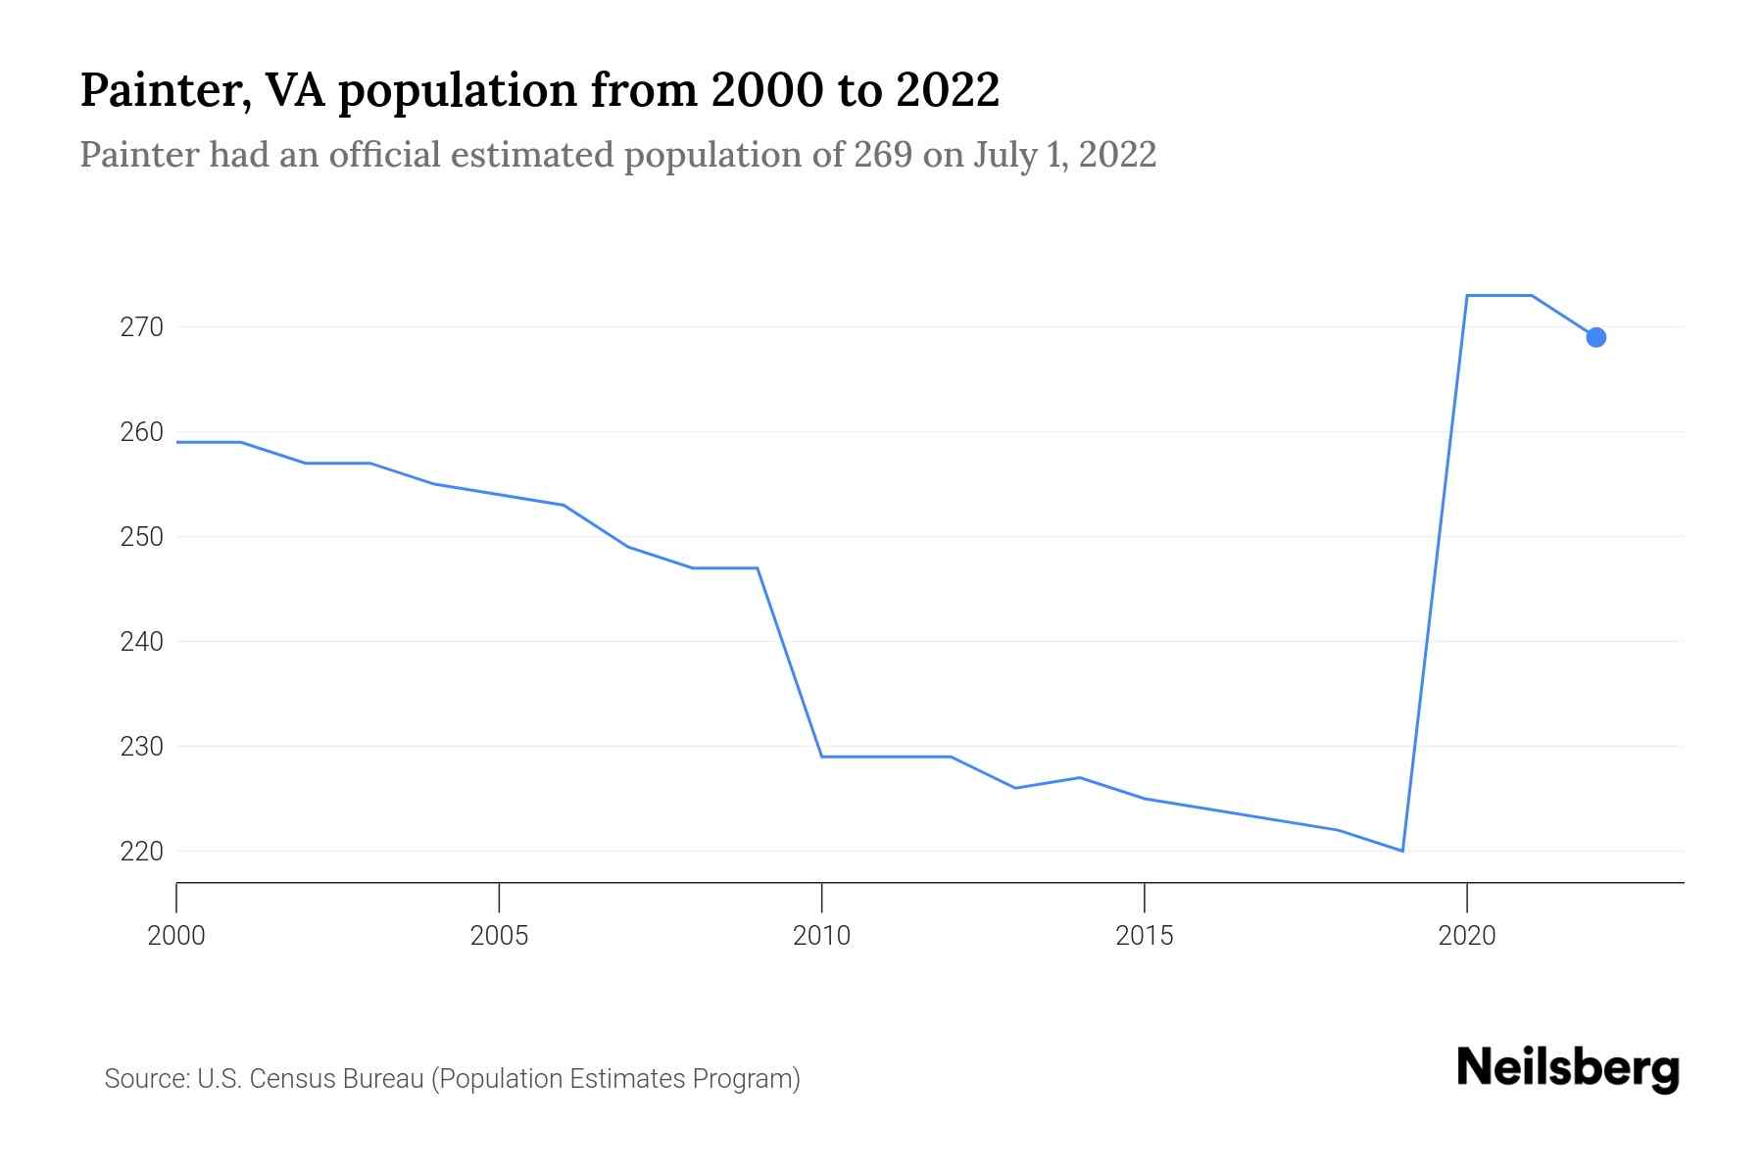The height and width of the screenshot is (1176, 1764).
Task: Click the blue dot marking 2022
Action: pyautogui.click(x=1595, y=337)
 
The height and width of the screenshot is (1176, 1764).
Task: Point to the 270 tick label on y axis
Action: pyautogui.click(x=141, y=327)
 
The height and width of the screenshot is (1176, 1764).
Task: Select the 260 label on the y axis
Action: pyautogui.click(x=141, y=432)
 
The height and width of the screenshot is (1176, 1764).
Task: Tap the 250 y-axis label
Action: pyautogui.click(x=141, y=537)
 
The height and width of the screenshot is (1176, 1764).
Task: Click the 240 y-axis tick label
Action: pyautogui.click(x=141, y=642)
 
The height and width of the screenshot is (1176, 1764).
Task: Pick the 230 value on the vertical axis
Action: pyautogui.click(x=141, y=747)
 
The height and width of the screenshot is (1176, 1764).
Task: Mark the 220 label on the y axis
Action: pyautogui.click(x=141, y=852)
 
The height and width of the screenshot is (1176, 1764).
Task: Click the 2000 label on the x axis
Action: pyautogui.click(x=176, y=936)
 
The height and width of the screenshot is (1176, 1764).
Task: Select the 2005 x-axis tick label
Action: pyautogui.click(x=499, y=936)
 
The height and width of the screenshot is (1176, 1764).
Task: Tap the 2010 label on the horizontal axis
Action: pyautogui.click(x=821, y=936)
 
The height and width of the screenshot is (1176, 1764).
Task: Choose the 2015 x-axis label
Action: pyautogui.click(x=1144, y=936)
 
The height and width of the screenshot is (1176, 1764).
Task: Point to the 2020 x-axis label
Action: pyautogui.click(x=1466, y=936)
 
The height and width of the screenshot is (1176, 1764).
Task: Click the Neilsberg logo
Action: pyautogui.click(x=1568, y=1068)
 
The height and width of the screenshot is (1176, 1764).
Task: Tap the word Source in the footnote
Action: pyautogui.click(x=146, y=1079)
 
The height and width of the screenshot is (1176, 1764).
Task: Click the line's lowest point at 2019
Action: pyautogui.click(x=1402, y=851)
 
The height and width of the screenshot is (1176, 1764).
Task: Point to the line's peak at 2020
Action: pyautogui.click(x=1467, y=295)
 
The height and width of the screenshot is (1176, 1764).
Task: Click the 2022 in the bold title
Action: pyautogui.click(x=947, y=90)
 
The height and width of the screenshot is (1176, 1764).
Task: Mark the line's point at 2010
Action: pyautogui.click(x=821, y=757)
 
